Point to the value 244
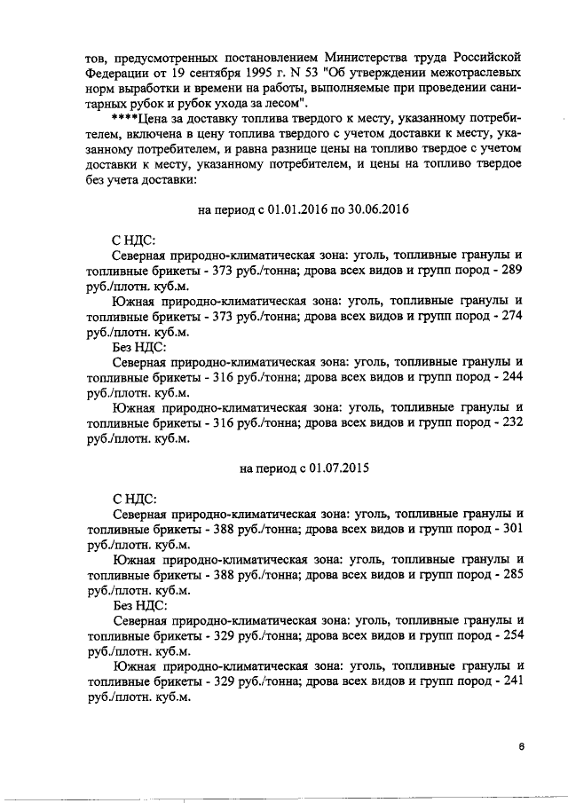(x=509, y=375)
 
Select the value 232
(x=509, y=423)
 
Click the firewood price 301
(x=509, y=528)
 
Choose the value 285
(x=509, y=574)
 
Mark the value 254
(x=509, y=634)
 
